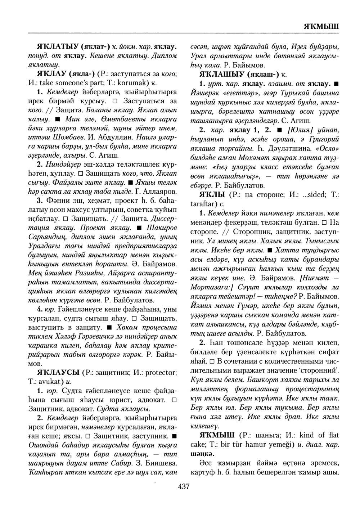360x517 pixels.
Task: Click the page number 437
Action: click(184, 487)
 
